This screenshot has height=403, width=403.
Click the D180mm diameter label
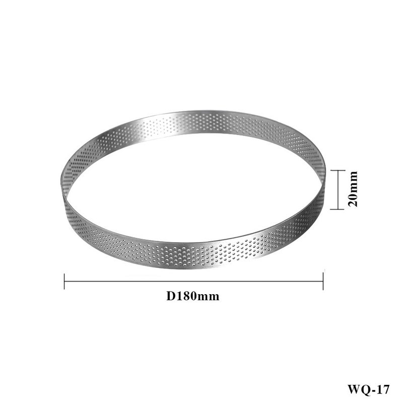[193, 296]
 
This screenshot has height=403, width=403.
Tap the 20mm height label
[352, 189]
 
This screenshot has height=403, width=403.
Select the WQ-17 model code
[369, 389]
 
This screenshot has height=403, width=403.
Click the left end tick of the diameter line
[64, 282]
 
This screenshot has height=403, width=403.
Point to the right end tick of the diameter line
[323, 282]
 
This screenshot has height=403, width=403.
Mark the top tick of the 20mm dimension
[338, 170]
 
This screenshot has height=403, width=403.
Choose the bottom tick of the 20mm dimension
[337, 209]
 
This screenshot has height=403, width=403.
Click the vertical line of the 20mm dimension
[338, 190]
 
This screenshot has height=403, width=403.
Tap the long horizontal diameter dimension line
[193, 282]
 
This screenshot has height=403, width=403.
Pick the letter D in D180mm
[171, 296]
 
